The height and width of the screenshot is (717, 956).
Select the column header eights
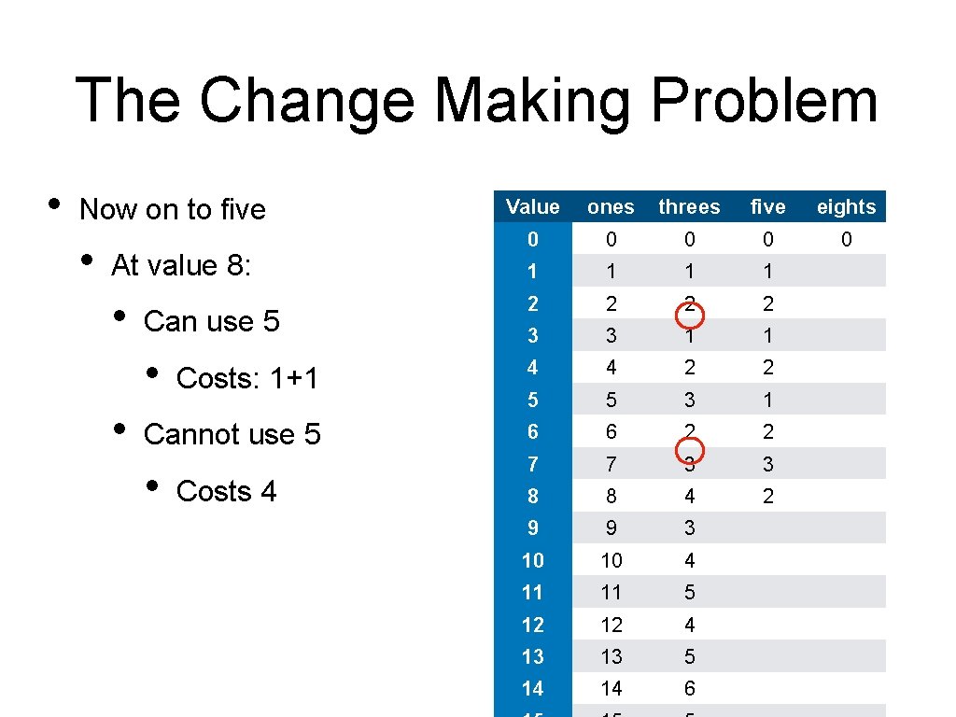click(x=846, y=207)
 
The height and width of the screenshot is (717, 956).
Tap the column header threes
click(x=689, y=207)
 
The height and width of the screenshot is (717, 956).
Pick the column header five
click(x=767, y=207)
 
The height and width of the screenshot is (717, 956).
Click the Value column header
click(x=532, y=207)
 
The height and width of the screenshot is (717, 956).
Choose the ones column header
click(x=611, y=207)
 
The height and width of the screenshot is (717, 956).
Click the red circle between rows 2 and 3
click(x=689, y=317)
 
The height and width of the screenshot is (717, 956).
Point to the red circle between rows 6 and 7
click(x=689, y=450)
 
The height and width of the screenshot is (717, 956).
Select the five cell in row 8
click(x=767, y=497)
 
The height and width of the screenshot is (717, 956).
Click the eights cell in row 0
click(x=846, y=240)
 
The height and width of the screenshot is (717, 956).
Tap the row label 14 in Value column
click(x=532, y=689)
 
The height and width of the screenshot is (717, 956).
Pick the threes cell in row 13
click(x=689, y=656)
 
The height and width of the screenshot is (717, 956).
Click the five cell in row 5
click(x=767, y=401)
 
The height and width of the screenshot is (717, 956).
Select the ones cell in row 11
click(x=611, y=593)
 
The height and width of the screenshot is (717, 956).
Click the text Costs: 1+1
click(x=247, y=378)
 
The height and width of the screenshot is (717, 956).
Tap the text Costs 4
click(x=226, y=491)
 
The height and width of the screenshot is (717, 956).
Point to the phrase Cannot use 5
click(x=232, y=434)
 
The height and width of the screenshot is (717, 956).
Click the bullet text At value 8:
click(x=180, y=266)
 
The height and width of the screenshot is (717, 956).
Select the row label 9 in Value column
click(x=532, y=528)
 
